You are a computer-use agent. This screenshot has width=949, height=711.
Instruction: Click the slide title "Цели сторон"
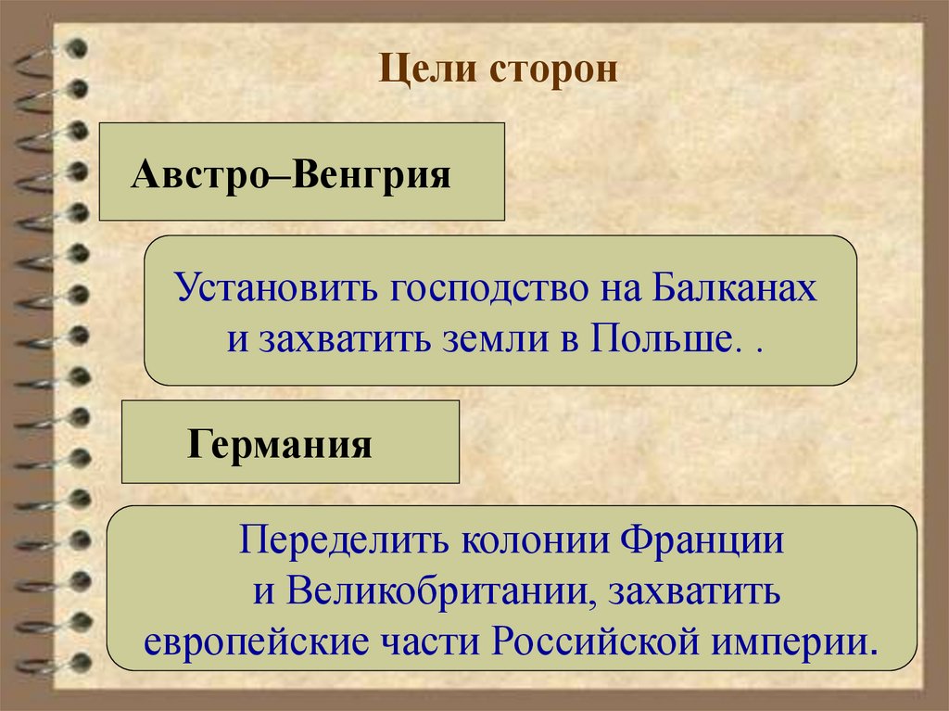pos(498,71)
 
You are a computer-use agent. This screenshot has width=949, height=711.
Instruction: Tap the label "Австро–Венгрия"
pos(291,174)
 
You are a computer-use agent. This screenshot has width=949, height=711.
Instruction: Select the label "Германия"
pos(280,444)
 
